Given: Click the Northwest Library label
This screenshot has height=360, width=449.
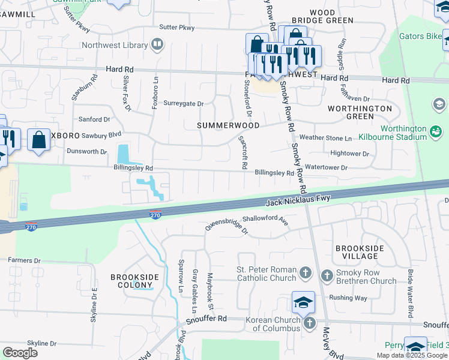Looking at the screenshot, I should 115,45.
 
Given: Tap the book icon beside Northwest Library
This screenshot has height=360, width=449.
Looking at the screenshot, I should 157,44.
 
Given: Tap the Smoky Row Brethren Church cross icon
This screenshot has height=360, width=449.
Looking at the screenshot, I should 327,276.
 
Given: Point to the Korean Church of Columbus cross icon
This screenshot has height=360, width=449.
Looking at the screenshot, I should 310,323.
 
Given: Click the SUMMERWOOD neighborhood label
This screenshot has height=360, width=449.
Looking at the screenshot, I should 229,125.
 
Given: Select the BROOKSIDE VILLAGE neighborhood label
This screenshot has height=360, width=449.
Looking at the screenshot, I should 357,252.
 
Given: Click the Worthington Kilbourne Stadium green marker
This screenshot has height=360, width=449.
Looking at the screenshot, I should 436,130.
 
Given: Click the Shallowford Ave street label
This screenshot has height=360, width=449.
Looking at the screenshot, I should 265,221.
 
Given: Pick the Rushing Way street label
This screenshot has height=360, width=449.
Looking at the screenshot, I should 348,298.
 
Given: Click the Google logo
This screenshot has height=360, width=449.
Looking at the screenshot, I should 20,353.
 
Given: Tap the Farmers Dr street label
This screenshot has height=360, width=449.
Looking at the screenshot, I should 24,260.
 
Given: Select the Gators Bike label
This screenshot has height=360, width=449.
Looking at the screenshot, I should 420,36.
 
